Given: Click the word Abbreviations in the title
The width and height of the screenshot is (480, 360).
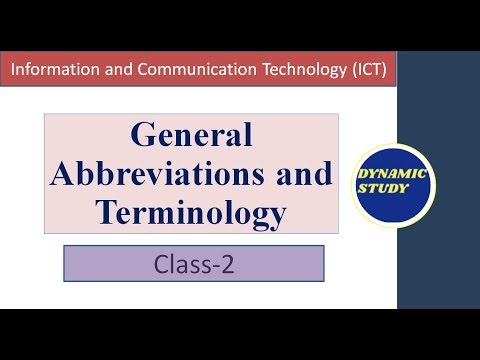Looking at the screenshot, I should point(165,173).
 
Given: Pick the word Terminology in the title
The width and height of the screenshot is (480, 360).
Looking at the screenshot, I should point(191,211).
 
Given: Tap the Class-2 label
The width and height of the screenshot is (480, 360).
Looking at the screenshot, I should point(194,265).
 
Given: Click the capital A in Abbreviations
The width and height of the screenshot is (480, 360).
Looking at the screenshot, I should point(62,173).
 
